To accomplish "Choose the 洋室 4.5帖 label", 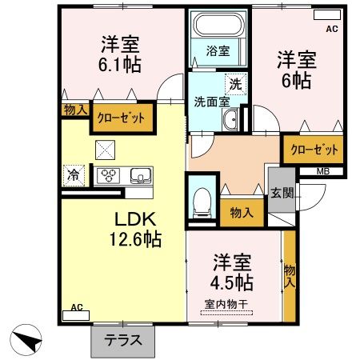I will tap(233, 273).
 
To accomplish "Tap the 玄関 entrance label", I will tap(281, 194).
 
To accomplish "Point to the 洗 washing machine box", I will tap(235, 83).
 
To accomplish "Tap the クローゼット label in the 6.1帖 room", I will tap(122, 117).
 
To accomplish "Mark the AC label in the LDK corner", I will tap(78, 307).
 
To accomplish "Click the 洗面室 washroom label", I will tap(211, 102).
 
